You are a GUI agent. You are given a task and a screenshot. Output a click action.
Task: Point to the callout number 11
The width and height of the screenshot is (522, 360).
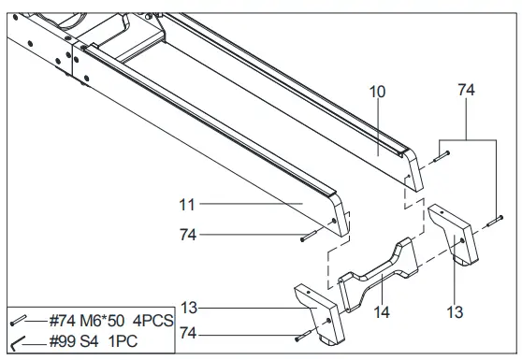click(x=186, y=203)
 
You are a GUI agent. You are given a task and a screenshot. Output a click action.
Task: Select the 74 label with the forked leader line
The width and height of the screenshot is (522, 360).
click(x=465, y=90)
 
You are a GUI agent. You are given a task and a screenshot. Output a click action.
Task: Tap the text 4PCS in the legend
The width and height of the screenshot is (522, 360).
click(x=152, y=321)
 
